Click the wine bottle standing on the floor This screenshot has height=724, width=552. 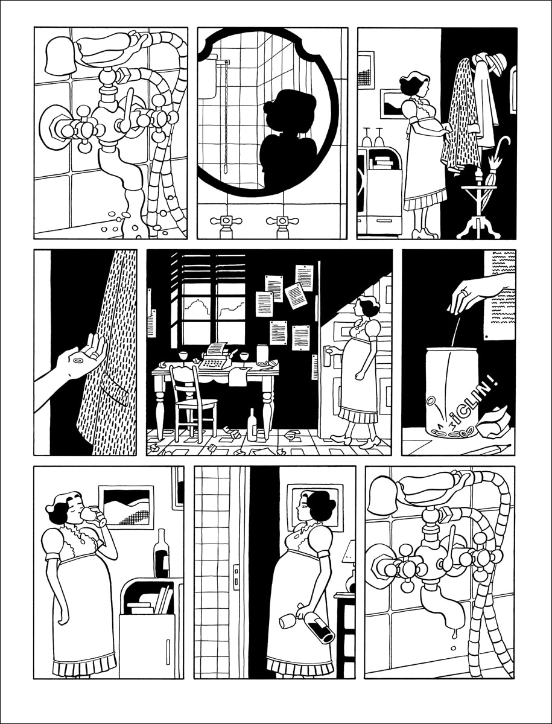point(253,425)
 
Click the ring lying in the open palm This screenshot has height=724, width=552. point(79,361)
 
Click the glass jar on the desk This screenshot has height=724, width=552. point(262,355)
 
